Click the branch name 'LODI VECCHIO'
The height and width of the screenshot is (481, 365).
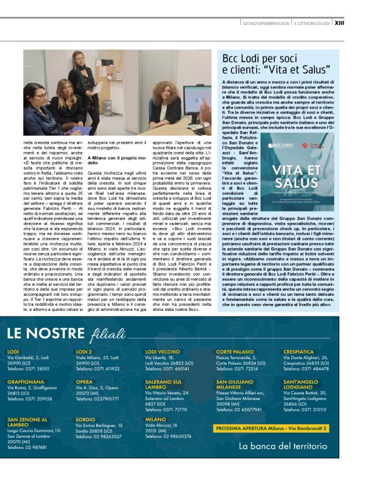pyautogui.click(x=162, y=352)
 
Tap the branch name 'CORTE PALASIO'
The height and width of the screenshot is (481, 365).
pyautogui.click(x=235, y=352)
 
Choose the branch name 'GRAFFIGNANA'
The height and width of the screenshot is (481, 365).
pyautogui.click(x=26, y=382)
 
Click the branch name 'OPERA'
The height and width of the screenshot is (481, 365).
pyautogui.click(x=84, y=382)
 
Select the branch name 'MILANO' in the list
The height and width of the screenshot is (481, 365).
pyautogui.click(x=155, y=418)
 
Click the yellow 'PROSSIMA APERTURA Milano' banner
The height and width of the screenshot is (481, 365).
pyautogui.click(x=271, y=428)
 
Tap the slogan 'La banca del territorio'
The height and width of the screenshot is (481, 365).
pyautogui.click(x=283, y=446)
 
